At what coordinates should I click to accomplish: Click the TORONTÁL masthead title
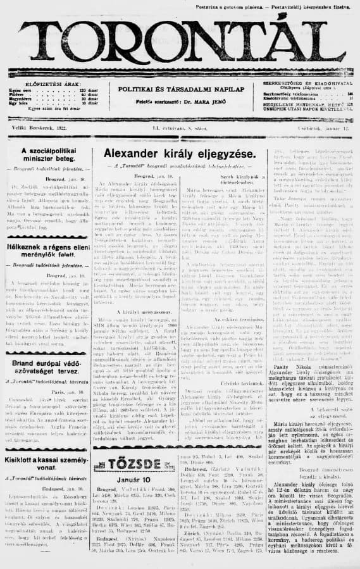pos(180,44)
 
